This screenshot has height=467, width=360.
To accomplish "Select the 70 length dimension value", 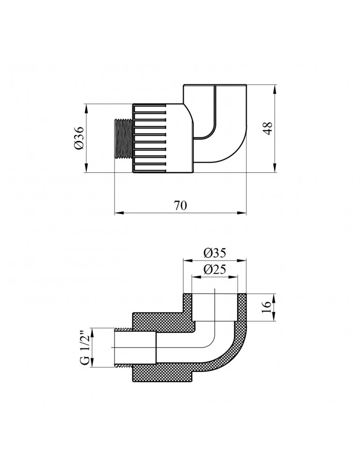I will click(180, 205).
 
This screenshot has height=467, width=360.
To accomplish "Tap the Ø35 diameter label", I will click(215, 253).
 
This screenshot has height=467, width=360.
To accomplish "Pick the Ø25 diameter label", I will click(215, 269).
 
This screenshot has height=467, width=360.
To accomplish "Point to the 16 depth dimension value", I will click(267, 307).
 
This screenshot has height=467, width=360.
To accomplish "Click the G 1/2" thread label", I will click(84, 348).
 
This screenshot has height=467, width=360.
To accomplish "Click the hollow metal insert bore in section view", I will click(135, 348).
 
